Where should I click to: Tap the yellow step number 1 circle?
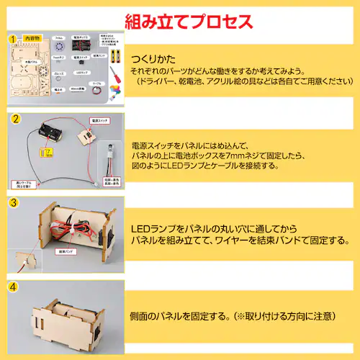pos(12,37)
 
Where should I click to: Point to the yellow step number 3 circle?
pos(12,204)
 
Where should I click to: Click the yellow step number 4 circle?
pos(12,287)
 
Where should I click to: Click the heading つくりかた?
pos(153,59)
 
